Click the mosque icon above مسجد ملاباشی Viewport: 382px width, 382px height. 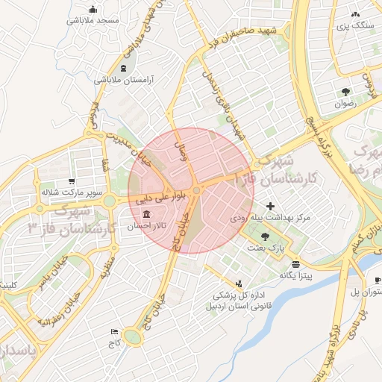click(93, 10)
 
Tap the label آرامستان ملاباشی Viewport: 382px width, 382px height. click(124, 78)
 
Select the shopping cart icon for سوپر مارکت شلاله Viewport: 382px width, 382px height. click(72, 181)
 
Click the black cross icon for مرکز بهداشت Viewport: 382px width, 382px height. click(270, 206)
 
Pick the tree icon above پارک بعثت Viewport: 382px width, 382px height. click(266, 236)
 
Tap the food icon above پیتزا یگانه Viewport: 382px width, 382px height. click(296, 264)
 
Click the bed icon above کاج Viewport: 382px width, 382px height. click(114, 331)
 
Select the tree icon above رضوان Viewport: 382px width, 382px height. click(345, 93)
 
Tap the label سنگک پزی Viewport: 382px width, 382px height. click(356, 25)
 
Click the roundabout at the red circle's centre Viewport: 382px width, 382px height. click(196, 192)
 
